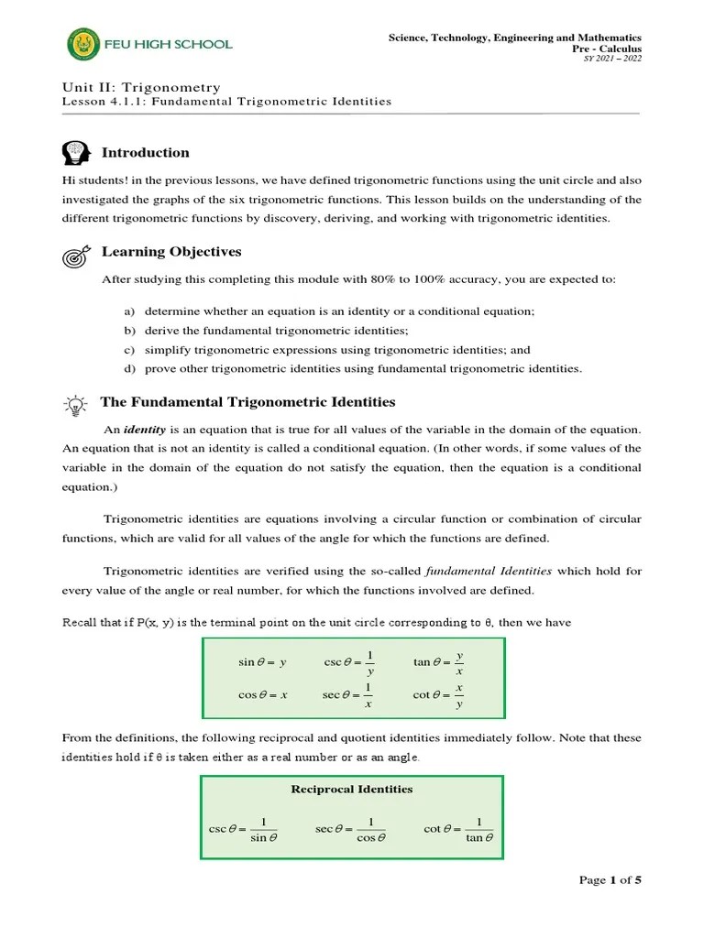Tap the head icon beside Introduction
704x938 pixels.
[x=77, y=152]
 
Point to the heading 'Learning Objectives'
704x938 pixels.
[x=171, y=252]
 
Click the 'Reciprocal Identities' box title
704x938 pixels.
[x=351, y=789]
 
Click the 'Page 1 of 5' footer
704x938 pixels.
[x=610, y=880]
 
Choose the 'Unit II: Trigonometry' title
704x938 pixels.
[x=141, y=87]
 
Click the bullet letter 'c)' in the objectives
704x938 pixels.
[x=129, y=350]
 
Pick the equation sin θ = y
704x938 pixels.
[x=262, y=662]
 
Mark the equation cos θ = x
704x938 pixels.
[x=262, y=695]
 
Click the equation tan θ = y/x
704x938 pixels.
[x=439, y=662]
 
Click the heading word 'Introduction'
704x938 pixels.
[x=145, y=152]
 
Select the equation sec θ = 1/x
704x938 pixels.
[x=348, y=695]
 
